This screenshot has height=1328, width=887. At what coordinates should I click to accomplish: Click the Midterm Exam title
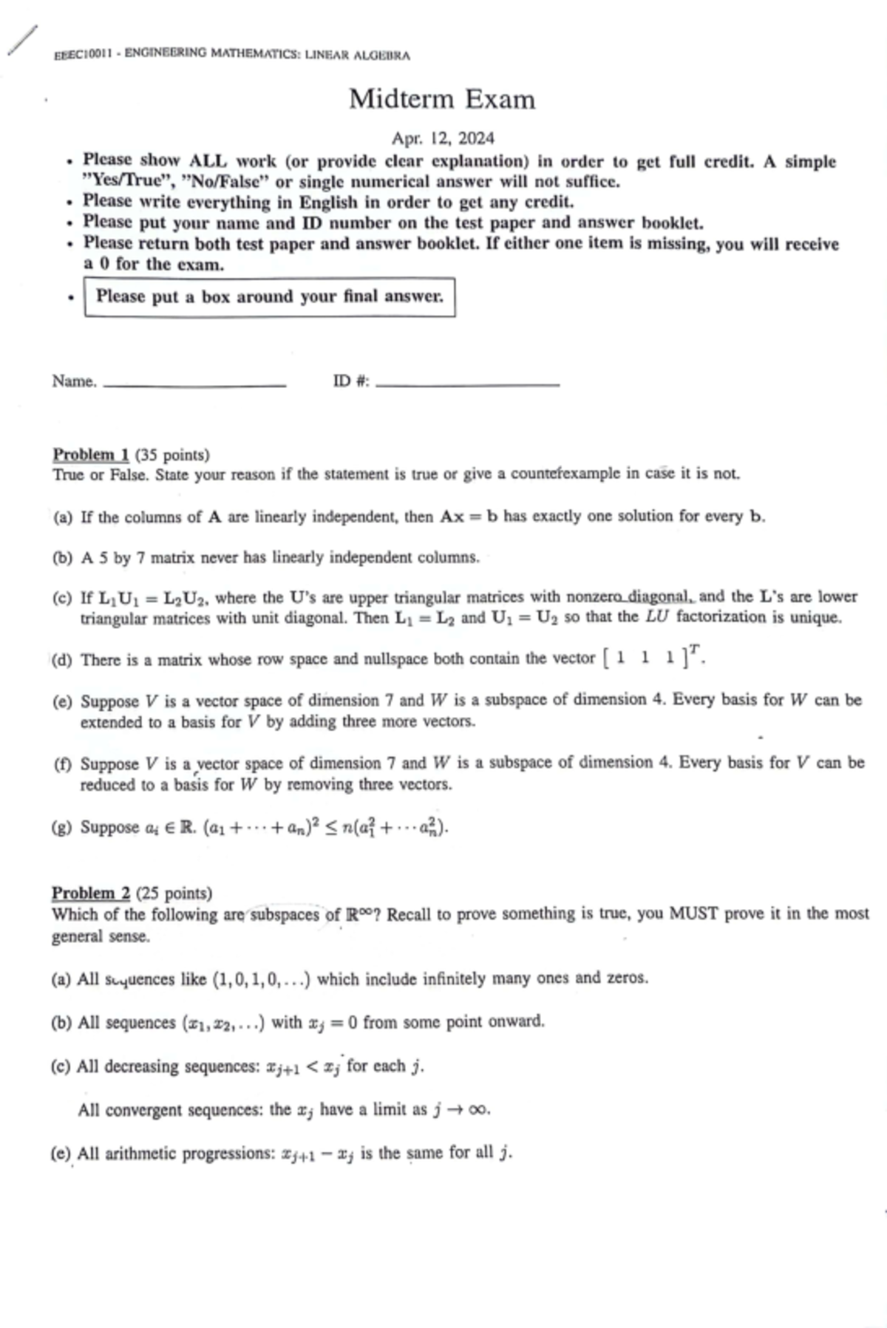coord(442,99)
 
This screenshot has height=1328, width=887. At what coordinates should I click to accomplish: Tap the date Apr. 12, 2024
coord(443,138)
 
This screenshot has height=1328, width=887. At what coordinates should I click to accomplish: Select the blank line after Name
coord(194,384)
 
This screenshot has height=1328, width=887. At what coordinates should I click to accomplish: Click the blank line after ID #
coord(467,384)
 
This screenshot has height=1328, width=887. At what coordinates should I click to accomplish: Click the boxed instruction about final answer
coord(269,297)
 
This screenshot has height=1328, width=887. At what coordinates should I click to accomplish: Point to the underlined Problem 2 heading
coord(91,893)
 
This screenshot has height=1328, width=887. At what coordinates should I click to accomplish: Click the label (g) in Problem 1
coord(63,828)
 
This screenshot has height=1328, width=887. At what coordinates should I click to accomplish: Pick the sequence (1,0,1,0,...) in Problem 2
coord(261,980)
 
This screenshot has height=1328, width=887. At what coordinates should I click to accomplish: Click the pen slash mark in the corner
coord(21,40)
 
